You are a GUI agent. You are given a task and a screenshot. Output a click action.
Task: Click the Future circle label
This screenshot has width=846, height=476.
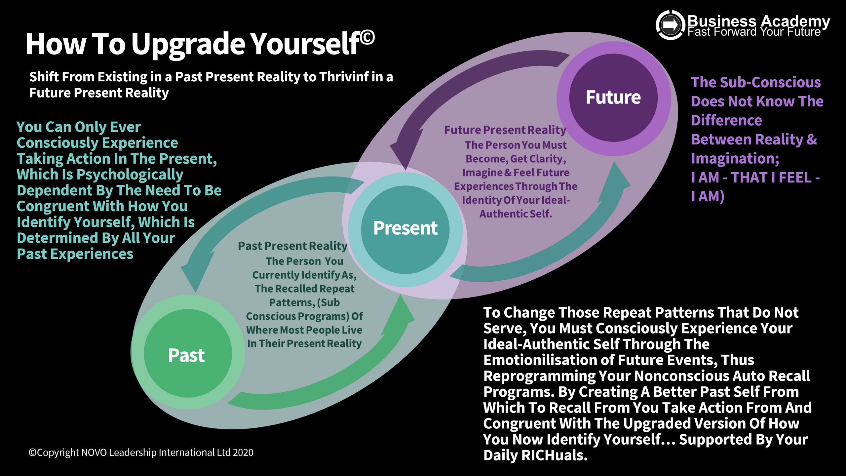pos(613,98)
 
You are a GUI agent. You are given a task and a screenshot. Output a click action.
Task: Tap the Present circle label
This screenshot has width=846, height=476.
pos(405,228)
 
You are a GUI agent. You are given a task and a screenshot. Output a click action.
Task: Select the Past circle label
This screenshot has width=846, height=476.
pos(186,356)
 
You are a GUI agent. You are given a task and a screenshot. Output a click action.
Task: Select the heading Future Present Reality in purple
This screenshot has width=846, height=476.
pos(505,130)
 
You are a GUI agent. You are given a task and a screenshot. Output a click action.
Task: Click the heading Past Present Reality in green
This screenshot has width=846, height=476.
pos(292,246)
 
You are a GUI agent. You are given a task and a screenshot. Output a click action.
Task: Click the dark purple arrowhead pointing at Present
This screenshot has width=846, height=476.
pos(405,149)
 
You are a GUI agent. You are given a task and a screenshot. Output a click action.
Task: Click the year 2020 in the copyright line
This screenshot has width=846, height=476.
pos(243,453)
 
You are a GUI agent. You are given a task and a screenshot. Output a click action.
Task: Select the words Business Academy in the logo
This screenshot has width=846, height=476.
pos(758,21)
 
